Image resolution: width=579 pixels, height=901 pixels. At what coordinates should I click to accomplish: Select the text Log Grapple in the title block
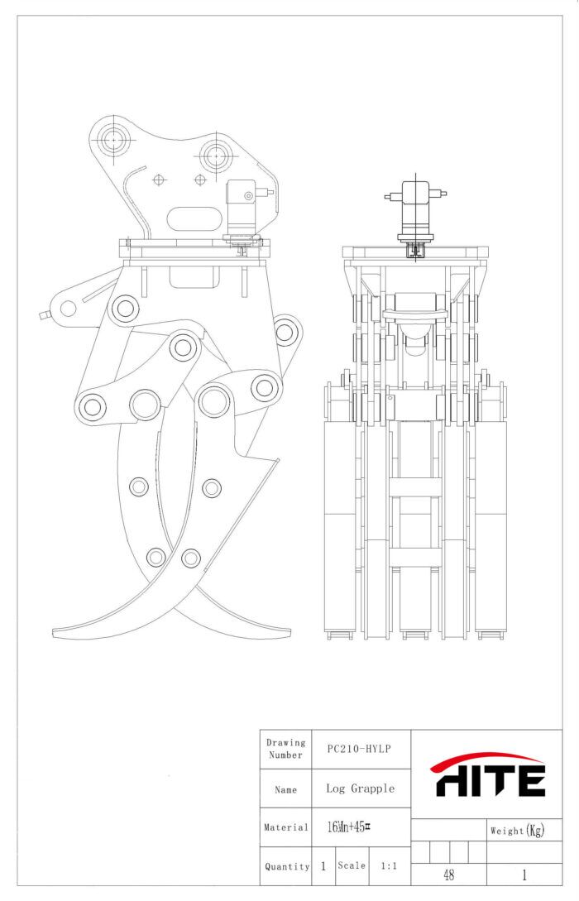coord(360,788)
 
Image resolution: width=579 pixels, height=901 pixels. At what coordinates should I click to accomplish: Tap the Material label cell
coord(286,827)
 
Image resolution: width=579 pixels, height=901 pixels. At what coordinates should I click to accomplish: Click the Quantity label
coord(287,866)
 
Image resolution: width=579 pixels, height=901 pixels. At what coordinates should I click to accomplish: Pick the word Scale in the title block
coord(352,865)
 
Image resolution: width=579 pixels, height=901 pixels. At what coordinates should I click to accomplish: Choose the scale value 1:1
coord(387,865)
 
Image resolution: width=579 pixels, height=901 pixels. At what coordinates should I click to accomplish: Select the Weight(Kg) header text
coord(517,831)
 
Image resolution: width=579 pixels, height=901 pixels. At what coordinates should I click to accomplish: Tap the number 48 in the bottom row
coord(449,875)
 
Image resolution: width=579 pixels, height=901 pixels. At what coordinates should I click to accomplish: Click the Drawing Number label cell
coord(286,749)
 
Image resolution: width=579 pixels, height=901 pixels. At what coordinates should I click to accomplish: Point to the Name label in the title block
coord(285,789)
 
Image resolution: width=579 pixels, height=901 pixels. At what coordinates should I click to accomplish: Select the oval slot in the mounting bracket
coord(195,219)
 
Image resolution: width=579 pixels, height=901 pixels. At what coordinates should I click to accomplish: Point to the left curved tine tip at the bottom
coord(58,633)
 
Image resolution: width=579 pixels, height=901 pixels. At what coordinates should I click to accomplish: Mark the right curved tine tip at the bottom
coord(285,631)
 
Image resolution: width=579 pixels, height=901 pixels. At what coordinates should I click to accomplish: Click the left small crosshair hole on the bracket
coord(160,178)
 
